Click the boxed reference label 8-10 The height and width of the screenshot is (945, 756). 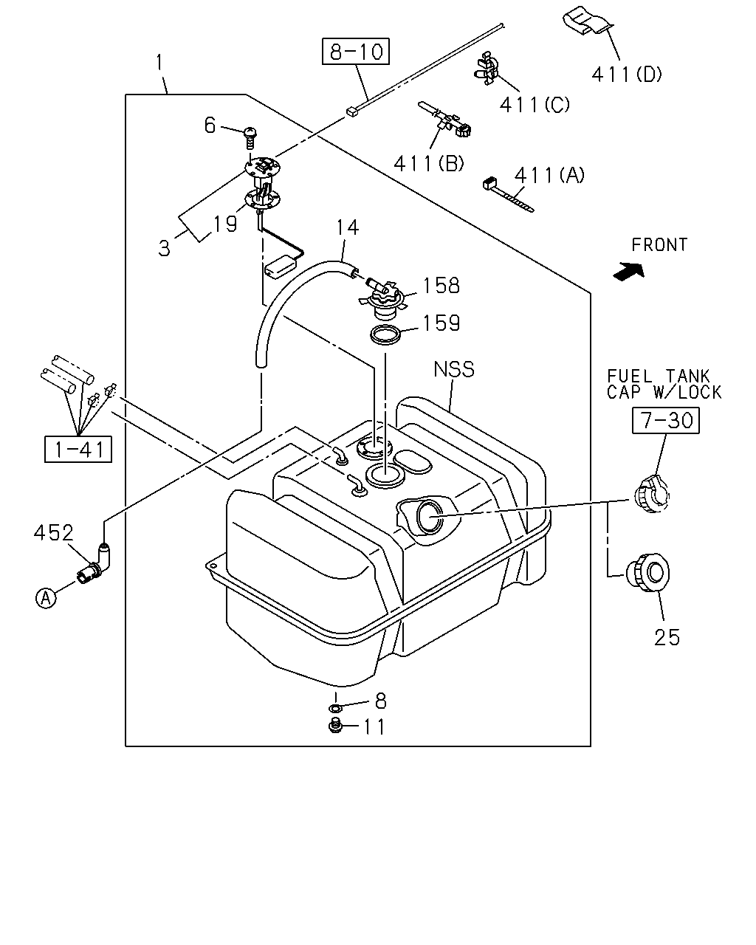pos(355,52)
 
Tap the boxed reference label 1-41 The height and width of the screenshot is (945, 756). pos(78,449)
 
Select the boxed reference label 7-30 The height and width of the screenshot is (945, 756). pos(665,421)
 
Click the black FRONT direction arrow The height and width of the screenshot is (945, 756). pos(628,271)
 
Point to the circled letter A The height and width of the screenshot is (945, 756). pos(46,598)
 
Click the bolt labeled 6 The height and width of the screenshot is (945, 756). pos(250,138)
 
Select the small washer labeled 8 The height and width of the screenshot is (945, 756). pos(335,708)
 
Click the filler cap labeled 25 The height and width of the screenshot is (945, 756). pos(647,574)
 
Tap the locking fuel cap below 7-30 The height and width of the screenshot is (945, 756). pos(652,495)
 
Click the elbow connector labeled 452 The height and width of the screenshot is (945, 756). pos(95,565)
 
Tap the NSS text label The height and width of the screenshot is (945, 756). pos(454,369)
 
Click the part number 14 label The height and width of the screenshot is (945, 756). pos(348,227)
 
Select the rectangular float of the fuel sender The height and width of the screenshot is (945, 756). pos(278,267)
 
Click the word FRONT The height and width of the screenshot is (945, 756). pos(659,244)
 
